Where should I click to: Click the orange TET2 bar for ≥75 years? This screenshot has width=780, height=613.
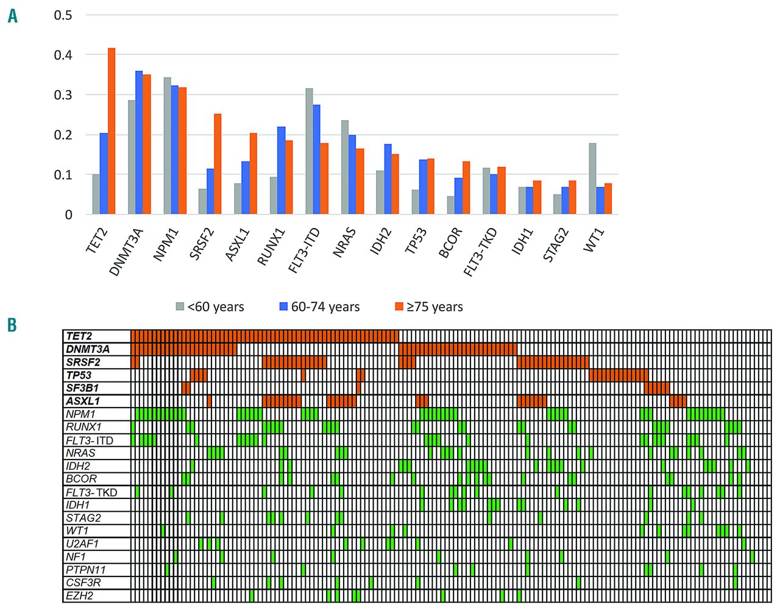(112, 131)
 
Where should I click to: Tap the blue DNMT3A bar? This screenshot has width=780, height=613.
(139, 143)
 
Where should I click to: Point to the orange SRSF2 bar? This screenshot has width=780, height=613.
(218, 164)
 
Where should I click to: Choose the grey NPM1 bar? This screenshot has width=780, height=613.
(167, 146)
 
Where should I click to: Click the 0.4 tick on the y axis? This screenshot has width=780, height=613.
(63, 55)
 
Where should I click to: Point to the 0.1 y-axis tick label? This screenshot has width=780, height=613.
(63, 175)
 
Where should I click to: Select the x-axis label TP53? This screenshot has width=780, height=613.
(416, 241)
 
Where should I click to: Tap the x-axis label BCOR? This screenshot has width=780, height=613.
(451, 242)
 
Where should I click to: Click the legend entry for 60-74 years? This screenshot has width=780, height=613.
(319, 307)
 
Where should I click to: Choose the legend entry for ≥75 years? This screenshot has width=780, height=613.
(429, 307)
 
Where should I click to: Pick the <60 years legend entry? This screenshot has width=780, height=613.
(210, 307)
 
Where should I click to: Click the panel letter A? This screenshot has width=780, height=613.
(12, 16)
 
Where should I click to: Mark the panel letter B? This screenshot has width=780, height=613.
(12, 325)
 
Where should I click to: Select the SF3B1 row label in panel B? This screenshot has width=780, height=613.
(82, 388)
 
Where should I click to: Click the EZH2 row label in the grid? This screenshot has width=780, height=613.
(80, 596)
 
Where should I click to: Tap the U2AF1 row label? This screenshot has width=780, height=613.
(82, 544)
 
